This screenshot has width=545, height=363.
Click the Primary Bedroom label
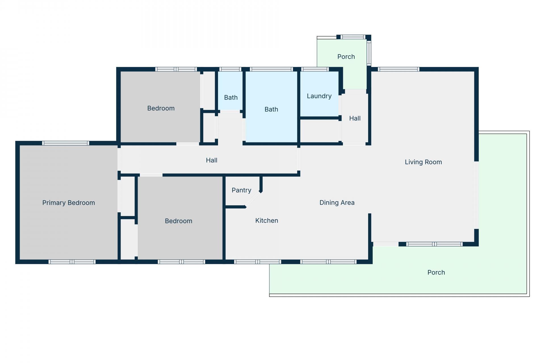68,203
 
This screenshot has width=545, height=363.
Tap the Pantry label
241,190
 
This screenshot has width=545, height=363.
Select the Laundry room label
319,96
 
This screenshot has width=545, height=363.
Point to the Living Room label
423,162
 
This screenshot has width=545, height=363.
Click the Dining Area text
337,203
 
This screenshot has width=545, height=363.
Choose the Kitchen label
267,221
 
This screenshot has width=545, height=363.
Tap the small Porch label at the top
346,57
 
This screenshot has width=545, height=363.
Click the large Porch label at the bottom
436,273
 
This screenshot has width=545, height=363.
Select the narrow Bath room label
231,98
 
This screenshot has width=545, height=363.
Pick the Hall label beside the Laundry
355,119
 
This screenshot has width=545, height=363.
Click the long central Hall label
211,161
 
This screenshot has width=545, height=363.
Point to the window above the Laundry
315,69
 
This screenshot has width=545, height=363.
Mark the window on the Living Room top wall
399,69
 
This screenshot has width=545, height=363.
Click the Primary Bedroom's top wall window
66,143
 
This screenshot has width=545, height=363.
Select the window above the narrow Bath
230,69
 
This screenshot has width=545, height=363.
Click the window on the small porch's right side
369,53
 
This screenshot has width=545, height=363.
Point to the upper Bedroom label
161,108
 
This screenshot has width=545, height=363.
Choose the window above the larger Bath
271,69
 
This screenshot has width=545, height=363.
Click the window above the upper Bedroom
176,69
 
